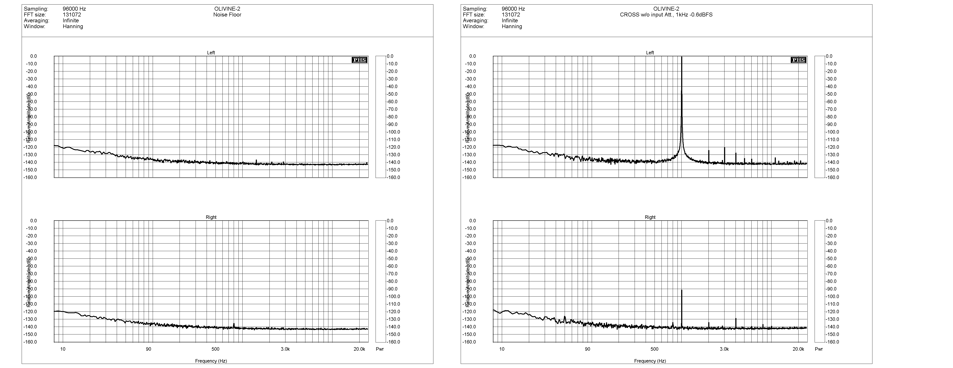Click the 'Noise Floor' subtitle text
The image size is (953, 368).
pyautogui.click(x=227, y=15)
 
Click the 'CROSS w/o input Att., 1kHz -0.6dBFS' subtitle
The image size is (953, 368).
pyautogui.click(x=666, y=15)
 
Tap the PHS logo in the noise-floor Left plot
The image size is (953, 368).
pyautogui.click(x=359, y=60)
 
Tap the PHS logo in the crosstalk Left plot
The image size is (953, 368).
pyautogui.click(x=798, y=60)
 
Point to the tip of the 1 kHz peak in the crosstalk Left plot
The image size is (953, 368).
pyautogui.click(x=681, y=57)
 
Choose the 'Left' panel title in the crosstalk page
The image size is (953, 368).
pyautogui.click(x=650, y=53)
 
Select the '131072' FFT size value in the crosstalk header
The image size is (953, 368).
pyautogui.click(x=511, y=15)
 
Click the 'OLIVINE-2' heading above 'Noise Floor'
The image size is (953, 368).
pyautogui.click(x=227, y=9)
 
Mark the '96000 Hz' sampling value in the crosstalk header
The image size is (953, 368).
pyautogui.click(x=513, y=9)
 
